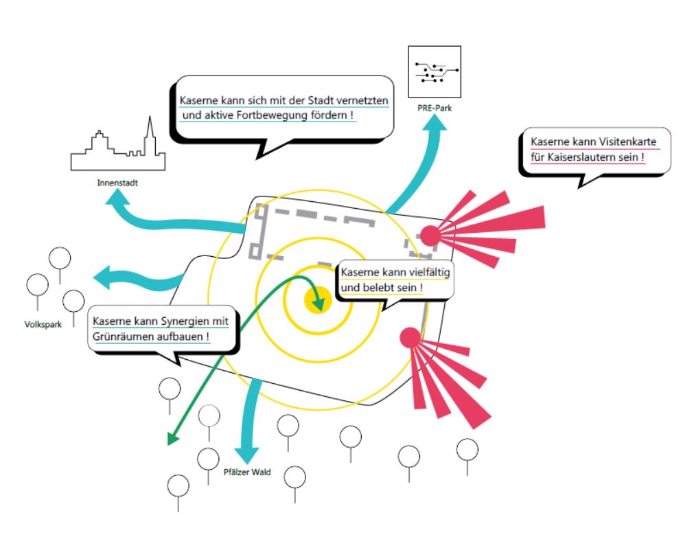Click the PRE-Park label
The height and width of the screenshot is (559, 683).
[x=435, y=109]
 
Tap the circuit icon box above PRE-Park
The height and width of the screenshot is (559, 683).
[x=435, y=72]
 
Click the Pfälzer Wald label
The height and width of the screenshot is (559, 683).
[x=247, y=472]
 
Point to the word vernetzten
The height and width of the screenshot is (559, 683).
[x=362, y=100]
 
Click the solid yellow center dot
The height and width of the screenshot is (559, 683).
[x=318, y=300]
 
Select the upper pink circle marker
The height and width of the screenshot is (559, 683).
[x=430, y=236]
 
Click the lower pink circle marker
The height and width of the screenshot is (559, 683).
[x=410, y=337]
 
